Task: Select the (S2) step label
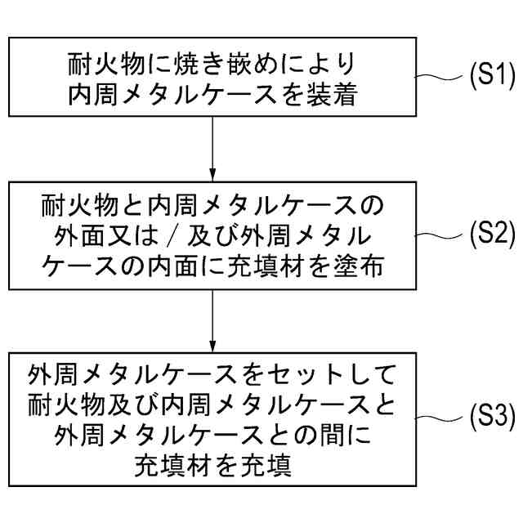[x=491, y=237]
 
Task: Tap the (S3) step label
[x=491, y=418]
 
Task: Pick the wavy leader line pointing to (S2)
[x=440, y=237]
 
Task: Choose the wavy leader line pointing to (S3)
[x=440, y=418]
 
